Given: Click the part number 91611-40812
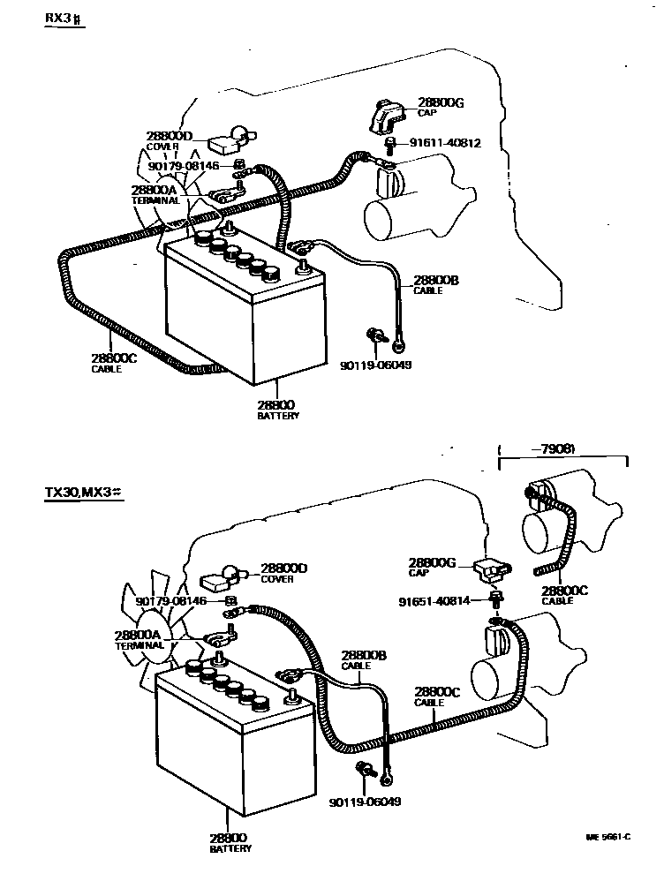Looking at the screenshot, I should tap(445, 143).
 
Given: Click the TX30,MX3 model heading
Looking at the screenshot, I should tap(84, 493).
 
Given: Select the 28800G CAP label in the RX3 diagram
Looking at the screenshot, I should tap(439, 108).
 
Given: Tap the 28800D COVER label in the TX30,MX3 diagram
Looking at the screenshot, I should tap(283, 572).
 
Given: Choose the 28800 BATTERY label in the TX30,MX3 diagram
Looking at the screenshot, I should tap(229, 842).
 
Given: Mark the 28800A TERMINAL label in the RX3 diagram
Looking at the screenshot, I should tap(154, 194).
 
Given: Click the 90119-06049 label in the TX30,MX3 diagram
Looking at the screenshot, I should tap(365, 802).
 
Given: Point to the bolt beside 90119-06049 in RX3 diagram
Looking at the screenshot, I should tap(375, 335).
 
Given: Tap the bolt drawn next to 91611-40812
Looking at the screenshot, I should tap(389, 144).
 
